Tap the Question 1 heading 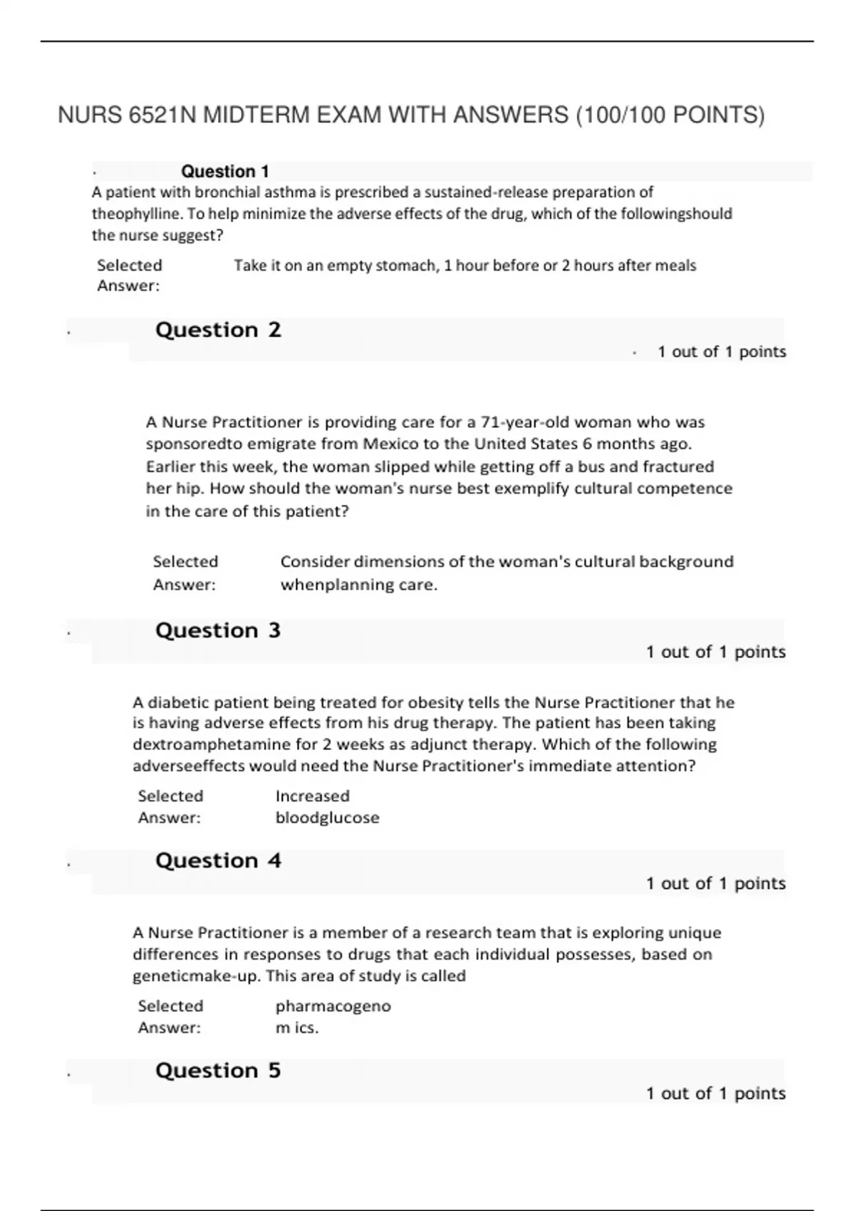[224, 171]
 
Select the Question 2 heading [218, 330]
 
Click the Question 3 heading [218, 630]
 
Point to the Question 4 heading [218, 861]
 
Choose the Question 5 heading [218, 1071]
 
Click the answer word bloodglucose [327, 818]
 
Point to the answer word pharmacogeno [333, 1006]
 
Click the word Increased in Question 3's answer [312, 796]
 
